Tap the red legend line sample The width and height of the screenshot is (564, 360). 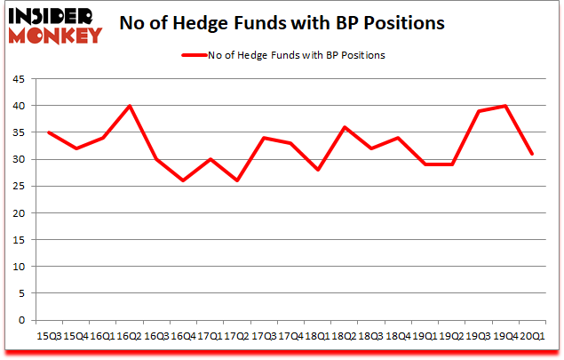pos(198,55)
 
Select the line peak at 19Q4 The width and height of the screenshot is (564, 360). pos(505,106)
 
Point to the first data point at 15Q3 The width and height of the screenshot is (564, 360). pos(48,132)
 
